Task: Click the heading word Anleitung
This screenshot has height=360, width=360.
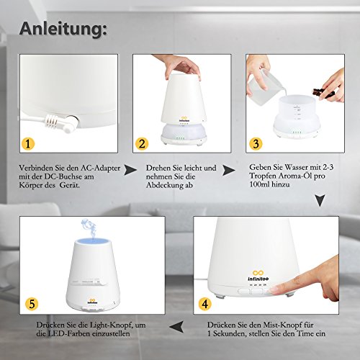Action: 63,29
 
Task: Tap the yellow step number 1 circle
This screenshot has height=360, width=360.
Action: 28,143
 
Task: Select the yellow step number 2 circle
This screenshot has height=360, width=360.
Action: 142,143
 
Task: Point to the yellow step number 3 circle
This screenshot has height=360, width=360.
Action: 256,143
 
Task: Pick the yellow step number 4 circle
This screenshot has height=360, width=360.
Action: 205,304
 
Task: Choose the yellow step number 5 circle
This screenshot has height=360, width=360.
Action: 32,304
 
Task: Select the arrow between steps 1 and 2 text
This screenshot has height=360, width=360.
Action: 130,170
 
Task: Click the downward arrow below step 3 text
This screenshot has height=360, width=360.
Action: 320,201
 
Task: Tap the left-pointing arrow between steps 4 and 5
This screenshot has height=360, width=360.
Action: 176,327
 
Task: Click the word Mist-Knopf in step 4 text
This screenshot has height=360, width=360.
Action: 279,325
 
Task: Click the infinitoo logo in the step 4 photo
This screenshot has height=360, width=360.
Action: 258,276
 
